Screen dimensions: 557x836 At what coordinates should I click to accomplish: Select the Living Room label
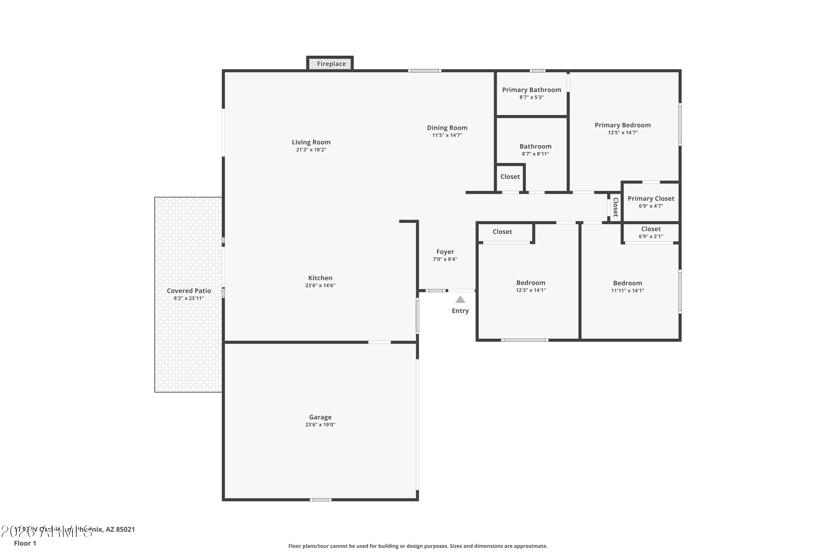(x=311, y=142)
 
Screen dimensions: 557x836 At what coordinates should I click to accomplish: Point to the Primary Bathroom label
(x=531, y=90)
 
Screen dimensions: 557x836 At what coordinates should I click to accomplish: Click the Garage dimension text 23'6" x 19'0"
(x=320, y=424)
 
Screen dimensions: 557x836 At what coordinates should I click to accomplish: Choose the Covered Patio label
(x=189, y=290)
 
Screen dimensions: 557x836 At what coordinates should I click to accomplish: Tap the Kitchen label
(x=320, y=278)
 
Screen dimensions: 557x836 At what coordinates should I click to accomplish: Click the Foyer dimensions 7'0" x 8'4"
(x=445, y=259)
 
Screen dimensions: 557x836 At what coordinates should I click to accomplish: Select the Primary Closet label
(x=650, y=199)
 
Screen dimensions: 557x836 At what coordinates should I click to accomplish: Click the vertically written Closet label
(x=616, y=207)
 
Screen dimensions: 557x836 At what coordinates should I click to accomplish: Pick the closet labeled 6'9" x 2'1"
(x=650, y=232)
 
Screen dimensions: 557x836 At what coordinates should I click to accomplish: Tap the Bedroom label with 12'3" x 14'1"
(x=531, y=283)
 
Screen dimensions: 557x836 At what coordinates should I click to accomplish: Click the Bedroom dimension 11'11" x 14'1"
(x=627, y=290)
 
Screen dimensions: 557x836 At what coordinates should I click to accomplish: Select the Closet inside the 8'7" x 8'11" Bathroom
(x=510, y=177)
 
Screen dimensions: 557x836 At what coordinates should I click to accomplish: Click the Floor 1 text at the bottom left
(x=25, y=543)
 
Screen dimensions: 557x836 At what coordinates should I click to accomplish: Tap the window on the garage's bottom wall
(x=320, y=500)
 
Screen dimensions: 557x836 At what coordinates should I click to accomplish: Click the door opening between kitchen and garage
(x=379, y=342)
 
